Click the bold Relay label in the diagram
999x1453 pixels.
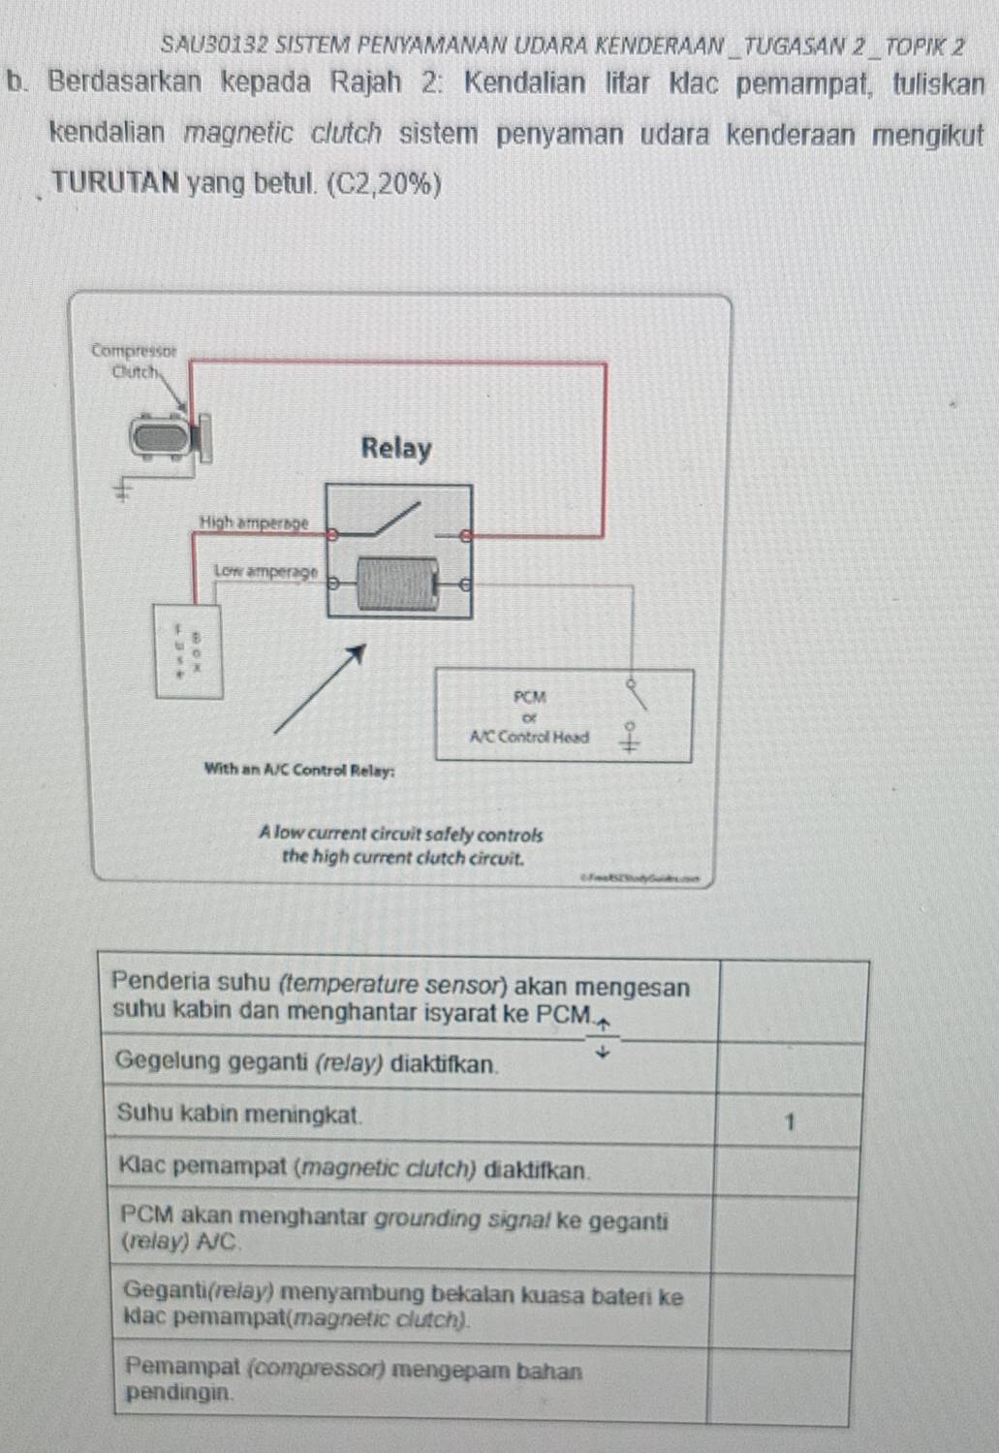(x=395, y=449)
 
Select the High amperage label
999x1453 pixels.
(x=253, y=522)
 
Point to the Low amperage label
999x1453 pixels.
(x=265, y=571)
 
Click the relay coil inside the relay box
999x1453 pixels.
(x=395, y=583)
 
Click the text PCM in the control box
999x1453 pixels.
(x=530, y=696)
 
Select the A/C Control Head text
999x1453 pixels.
(x=529, y=737)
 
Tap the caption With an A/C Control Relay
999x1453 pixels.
(x=299, y=770)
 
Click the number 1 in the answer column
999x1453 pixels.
(x=790, y=1122)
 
